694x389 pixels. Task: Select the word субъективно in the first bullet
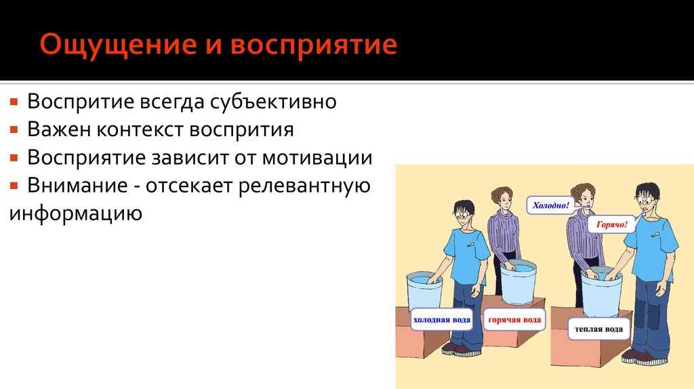pyautogui.click(x=273, y=102)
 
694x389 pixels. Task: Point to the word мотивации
pyautogui.click(x=317, y=157)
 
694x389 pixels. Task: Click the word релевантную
pyautogui.click(x=304, y=186)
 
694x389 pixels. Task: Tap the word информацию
pyautogui.click(x=75, y=213)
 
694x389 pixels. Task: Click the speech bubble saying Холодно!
pyautogui.click(x=550, y=205)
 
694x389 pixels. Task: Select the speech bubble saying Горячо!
pyautogui.click(x=612, y=224)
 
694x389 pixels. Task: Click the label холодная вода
pyautogui.click(x=441, y=319)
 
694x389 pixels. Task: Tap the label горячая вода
pyautogui.click(x=514, y=319)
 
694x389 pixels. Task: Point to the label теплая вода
pyautogui.click(x=599, y=329)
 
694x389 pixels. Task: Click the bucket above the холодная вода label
pyautogui.click(x=424, y=290)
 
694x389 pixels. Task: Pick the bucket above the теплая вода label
pyautogui.click(x=601, y=292)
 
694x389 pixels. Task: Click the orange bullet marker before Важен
pyautogui.click(x=14, y=130)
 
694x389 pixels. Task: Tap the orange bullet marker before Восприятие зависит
pyautogui.click(x=14, y=158)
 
